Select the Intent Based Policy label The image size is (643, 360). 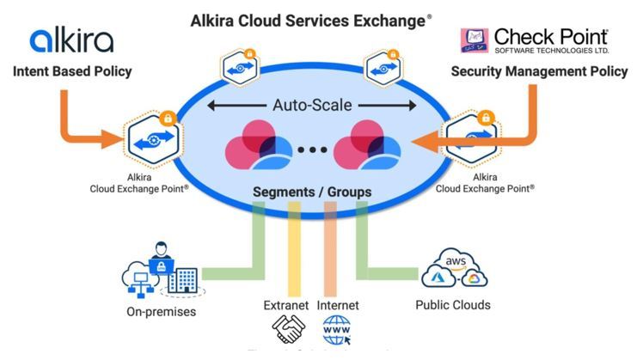pyautogui.click(x=72, y=71)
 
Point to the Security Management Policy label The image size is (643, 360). pyautogui.click(x=539, y=71)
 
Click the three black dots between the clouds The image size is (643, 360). pyautogui.click(x=312, y=150)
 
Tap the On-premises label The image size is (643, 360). pyautogui.click(x=161, y=312)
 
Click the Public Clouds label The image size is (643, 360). pyautogui.click(x=453, y=305)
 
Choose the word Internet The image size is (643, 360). pyautogui.click(x=338, y=305)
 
